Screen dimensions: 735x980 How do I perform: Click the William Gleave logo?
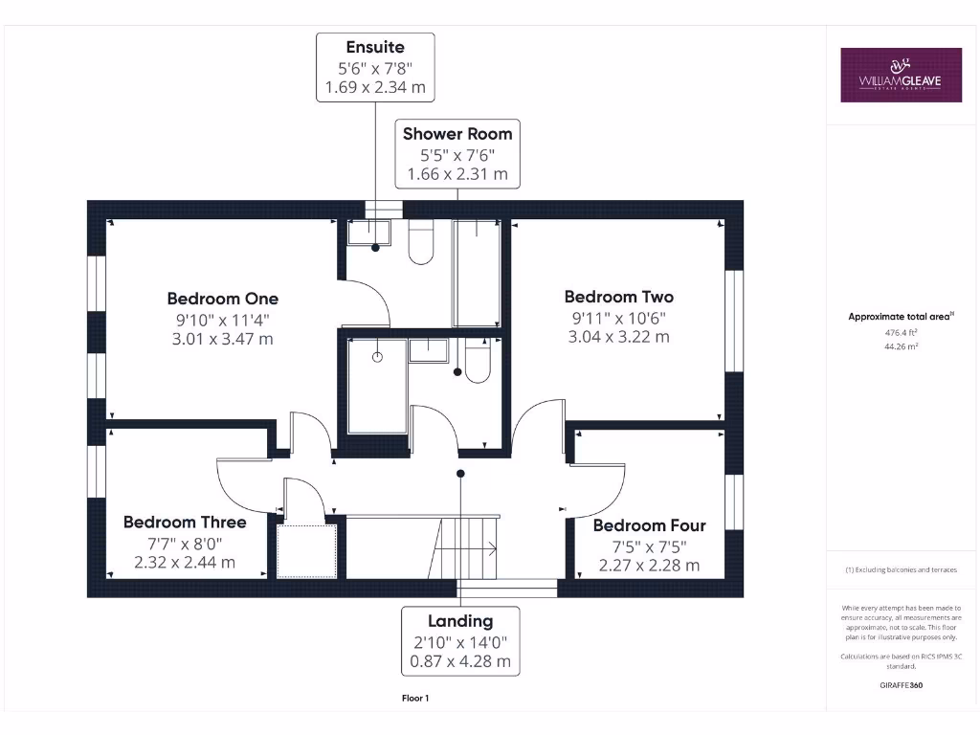click(x=901, y=75)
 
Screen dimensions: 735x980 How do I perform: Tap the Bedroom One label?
click(x=223, y=299)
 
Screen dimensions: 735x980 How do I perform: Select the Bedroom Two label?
click(x=618, y=297)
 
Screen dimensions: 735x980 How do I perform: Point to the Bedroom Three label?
click(x=185, y=522)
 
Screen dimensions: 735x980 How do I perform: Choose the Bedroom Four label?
click(x=649, y=525)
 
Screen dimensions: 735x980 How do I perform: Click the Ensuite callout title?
click(x=375, y=47)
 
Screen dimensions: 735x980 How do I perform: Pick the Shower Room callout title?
click(x=457, y=134)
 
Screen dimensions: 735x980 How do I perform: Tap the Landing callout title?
click(x=460, y=621)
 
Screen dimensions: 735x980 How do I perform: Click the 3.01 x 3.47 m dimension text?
click(x=223, y=339)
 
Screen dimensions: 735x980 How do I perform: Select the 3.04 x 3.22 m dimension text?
click(x=618, y=337)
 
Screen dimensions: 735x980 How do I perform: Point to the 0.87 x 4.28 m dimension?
click(x=460, y=661)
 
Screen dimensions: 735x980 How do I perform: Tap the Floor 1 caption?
click(x=415, y=699)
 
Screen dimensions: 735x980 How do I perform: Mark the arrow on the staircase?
click(x=479, y=548)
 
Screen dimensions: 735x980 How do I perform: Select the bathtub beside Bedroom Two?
click(x=476, y=273)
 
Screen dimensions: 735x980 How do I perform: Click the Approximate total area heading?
click(x=901, y=317)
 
